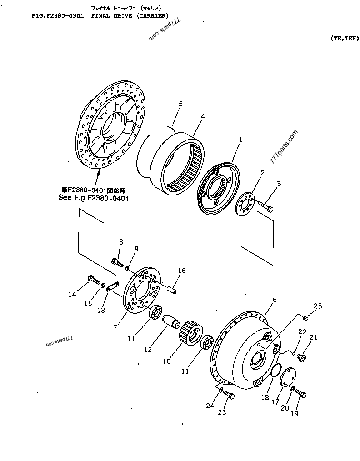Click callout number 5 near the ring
coord(180,105)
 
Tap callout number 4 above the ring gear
coord(203,116)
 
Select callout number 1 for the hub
coord(240,140)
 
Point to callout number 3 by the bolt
coord(279,184)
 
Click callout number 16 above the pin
coord(181,271)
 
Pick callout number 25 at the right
coord(318,306)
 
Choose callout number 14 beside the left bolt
coord(72,294)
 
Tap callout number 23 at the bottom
coord(221,412)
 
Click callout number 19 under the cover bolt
coord(295,413)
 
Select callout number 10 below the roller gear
coord(167,361)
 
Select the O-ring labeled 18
coord(275,370)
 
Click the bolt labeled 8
coord(117,262)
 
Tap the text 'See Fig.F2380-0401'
coord(93,198)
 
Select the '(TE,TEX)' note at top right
coord(345,39)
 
